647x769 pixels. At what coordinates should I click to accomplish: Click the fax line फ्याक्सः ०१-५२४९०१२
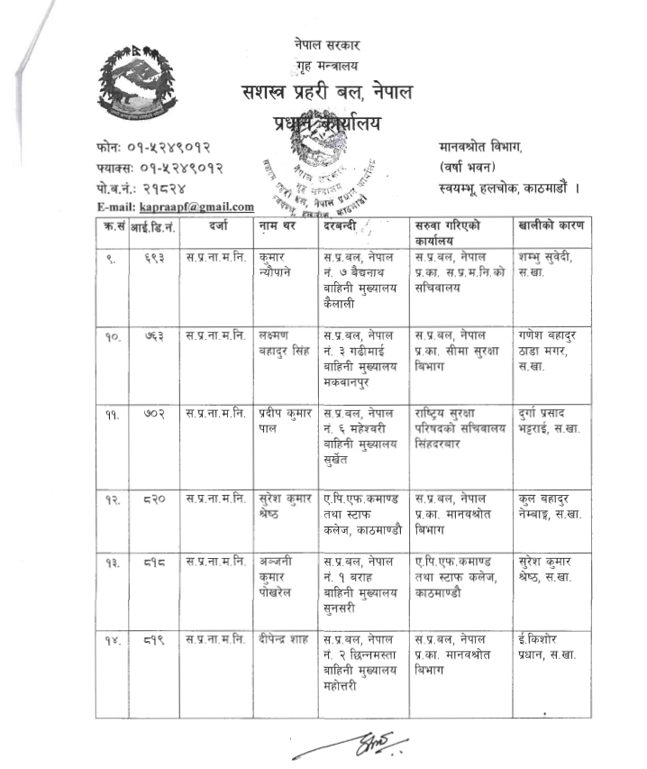click(158, 167)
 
